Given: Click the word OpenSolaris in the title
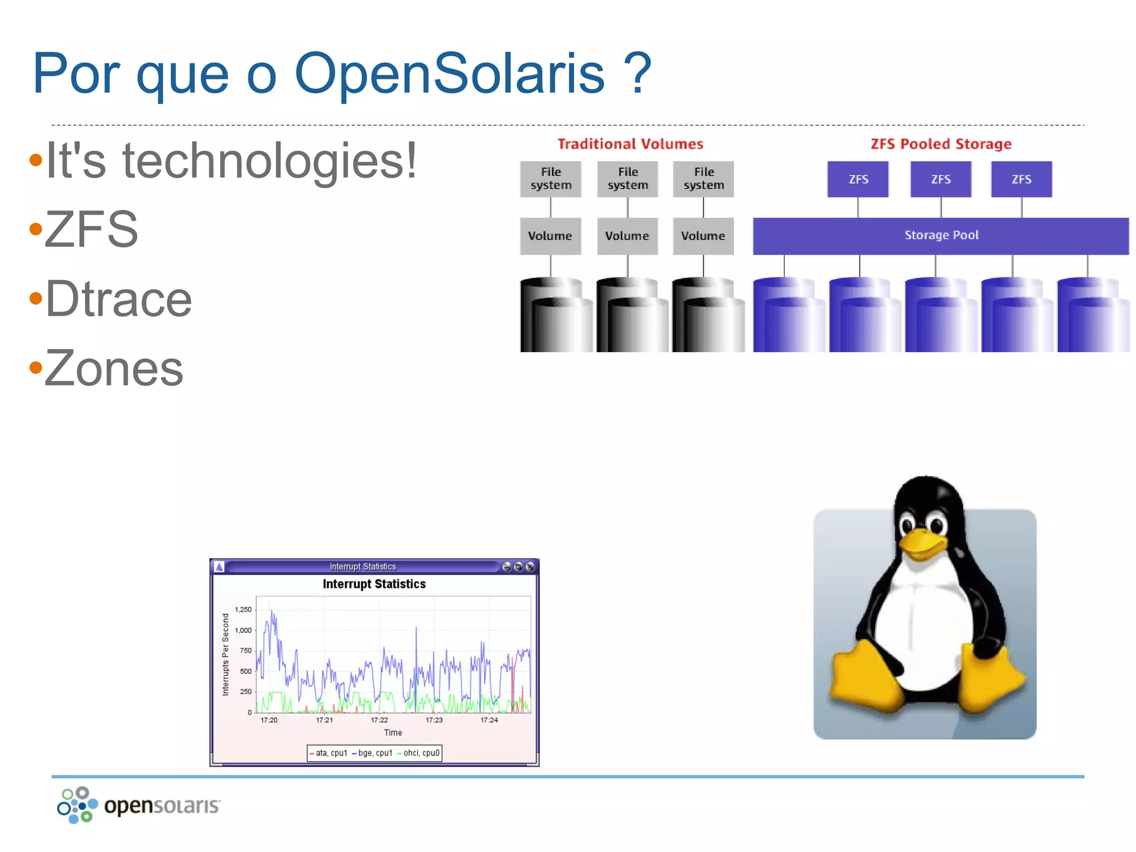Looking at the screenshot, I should pos(449,74).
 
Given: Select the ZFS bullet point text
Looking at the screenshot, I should pos(92,229).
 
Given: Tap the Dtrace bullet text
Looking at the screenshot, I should pos(118,299).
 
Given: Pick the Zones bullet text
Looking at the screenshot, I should pos(114,368).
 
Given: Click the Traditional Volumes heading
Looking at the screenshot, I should pos(630,144).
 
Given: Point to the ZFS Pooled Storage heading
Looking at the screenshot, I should pos(941,144).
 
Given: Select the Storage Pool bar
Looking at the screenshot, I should pos(941,236).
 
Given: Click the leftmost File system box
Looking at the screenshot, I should pos(551,179).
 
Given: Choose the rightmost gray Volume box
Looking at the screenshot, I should pos(703,236).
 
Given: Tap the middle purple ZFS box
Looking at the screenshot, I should pos(941,179).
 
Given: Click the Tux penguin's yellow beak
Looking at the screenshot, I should pos(922,542).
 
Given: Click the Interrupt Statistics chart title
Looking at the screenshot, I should pos(374,584).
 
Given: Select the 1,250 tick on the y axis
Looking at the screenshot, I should pos(243,610).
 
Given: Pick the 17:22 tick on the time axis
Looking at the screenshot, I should pos(379,720).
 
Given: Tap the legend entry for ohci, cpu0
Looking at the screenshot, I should pos(421,753).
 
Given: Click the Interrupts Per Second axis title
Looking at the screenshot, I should pos(225,655).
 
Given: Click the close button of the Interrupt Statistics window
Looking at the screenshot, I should pos(530,566).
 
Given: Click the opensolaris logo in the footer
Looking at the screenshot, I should pos(139,805).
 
